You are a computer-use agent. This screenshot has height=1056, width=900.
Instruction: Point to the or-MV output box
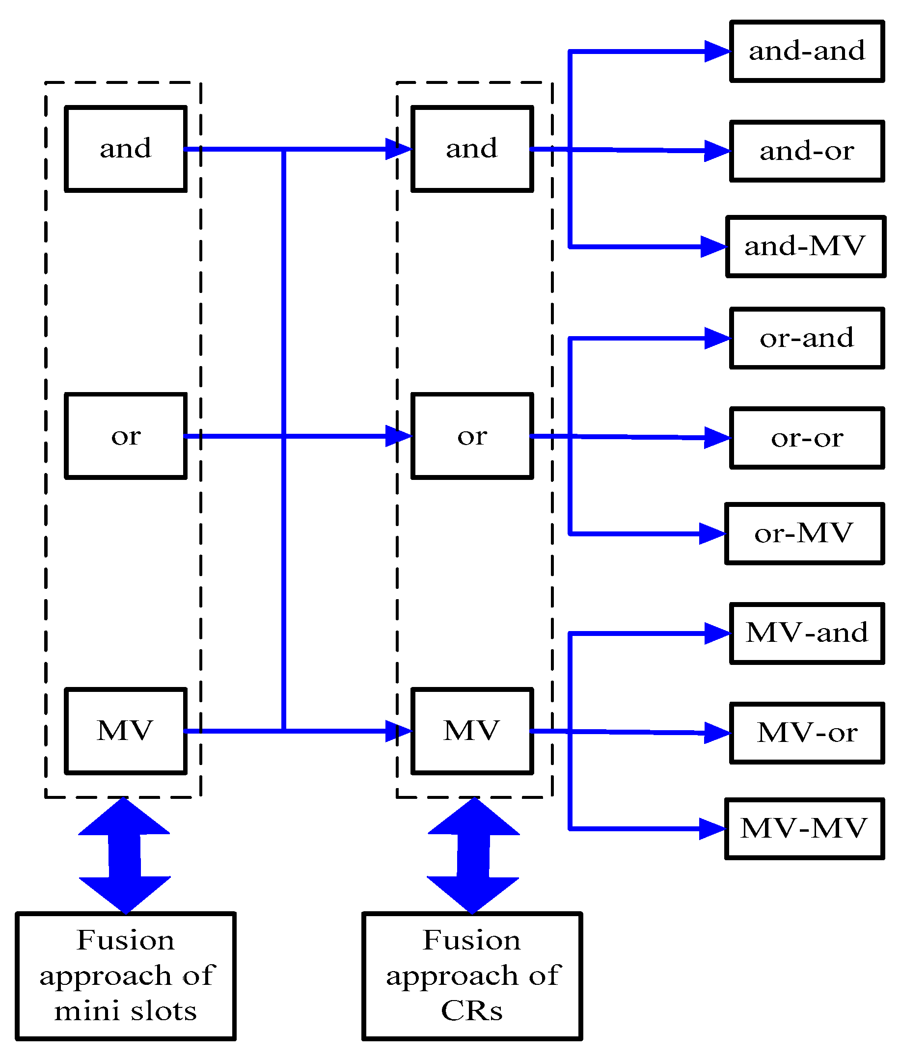804,533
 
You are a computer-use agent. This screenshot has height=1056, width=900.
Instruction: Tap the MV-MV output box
804,829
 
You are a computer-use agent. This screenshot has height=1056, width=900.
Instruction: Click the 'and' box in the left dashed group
125,149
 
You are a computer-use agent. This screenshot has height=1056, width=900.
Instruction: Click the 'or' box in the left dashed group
125,436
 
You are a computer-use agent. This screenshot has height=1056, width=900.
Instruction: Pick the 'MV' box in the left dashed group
125,731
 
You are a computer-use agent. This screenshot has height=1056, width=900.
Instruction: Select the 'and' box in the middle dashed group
472,149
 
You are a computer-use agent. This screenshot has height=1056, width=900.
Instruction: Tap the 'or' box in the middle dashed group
472,436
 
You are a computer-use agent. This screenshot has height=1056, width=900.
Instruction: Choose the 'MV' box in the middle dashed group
472,731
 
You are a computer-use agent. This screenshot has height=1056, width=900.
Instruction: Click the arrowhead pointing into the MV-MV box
713,829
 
